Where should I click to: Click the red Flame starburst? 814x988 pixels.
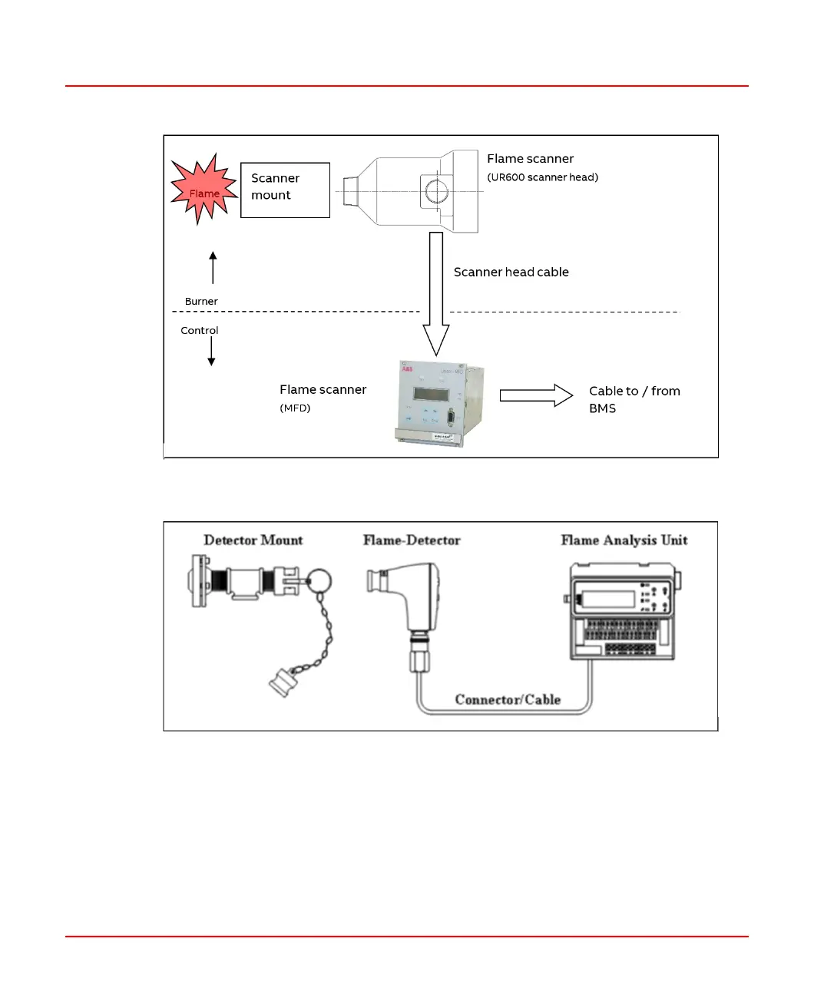tap(203, 189)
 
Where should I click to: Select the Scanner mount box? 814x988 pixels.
tap(285, 190)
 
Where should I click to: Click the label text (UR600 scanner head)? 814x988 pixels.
tap(542, 177)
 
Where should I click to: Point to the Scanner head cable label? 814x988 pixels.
tap(511, 272)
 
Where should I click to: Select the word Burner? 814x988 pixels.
tap(201, 302)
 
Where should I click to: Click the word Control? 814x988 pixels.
tap(200, 331)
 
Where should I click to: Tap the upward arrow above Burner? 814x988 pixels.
tap(213, 267)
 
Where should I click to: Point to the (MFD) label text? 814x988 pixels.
tap(295, 408)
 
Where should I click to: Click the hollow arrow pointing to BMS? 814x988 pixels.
tap(536, 395)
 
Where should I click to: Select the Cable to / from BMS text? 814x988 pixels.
tap(634, 399)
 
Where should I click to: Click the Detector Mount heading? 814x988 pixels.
tap(253, 540)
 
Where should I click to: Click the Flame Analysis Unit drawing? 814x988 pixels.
tap(624, 612)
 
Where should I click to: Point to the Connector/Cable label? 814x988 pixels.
tap(508, 699)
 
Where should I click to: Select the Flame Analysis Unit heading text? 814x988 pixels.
tap(624, 540)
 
